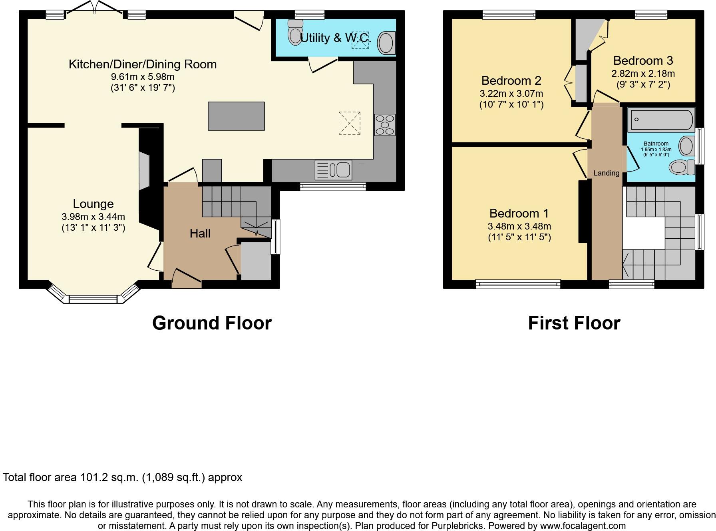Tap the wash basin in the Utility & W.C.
point(386,43)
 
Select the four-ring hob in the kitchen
point(385,125)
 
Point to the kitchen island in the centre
point(236,116)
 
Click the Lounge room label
point(93,204)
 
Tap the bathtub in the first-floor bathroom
point(661,120)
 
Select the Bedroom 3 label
point(643,61)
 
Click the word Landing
point(606,173)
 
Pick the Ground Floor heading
point(212,323)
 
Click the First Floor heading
point(574,323)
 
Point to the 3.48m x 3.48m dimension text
point(519,226)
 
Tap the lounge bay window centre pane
point(93,299)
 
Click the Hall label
point(200,233)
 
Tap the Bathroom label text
point(656,144)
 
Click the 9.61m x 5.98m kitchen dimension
point(143,77)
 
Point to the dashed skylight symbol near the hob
point(349,123)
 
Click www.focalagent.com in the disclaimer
point(583,526)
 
